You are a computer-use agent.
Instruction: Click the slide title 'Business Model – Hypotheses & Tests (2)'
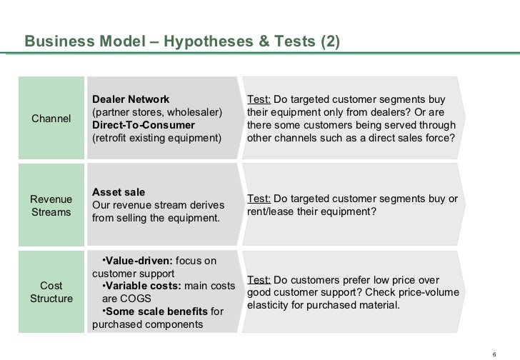pos(182,42)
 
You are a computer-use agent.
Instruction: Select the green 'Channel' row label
pos(51,118)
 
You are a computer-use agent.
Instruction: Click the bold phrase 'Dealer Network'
pos(131,99)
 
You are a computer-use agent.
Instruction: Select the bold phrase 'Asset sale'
pos(119,192)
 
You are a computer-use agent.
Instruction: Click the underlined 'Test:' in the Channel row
pos(259,99)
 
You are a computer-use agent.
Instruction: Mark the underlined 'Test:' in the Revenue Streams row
pos(259,199)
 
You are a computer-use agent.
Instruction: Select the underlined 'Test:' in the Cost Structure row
pos(259,280)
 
